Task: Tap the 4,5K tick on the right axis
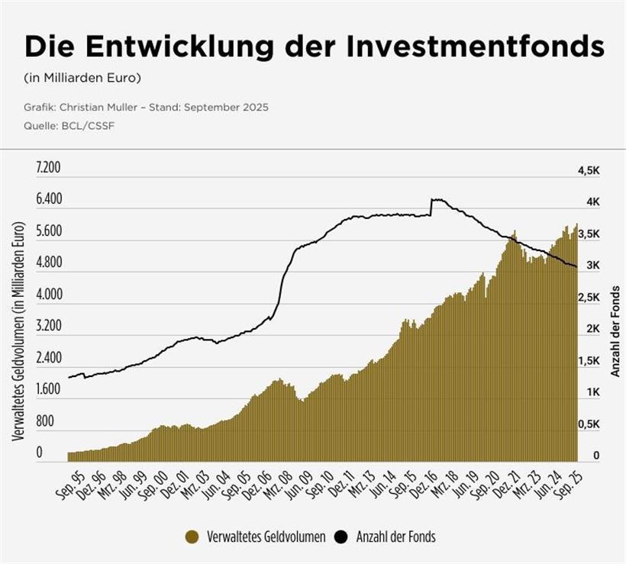(x=589, y=171)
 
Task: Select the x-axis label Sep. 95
(x=70, y=482)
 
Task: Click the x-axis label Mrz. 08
(x=280, y=482)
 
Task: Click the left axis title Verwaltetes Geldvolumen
(x=20, y=331)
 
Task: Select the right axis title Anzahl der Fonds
(x=615, y=331)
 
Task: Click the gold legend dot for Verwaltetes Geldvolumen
(x=193, y=537)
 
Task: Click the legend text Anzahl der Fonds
(x=395, y=537)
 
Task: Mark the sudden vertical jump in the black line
(x=431, y=208)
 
